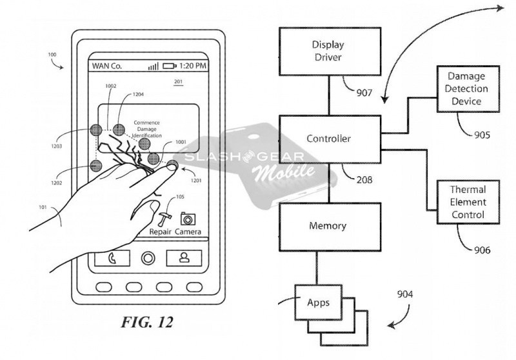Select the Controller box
point(329,139)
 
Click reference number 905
point(481,135)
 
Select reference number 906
point(481,250)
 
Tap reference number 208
point(363,180)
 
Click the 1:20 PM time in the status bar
point(193,66)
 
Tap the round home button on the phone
point(148,258)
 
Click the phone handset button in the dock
point(112,258)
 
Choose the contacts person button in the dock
point(184,258)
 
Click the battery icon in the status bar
point(170,66)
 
